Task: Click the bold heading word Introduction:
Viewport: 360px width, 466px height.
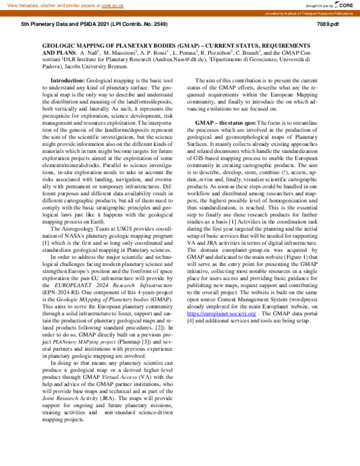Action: pos(68,80)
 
